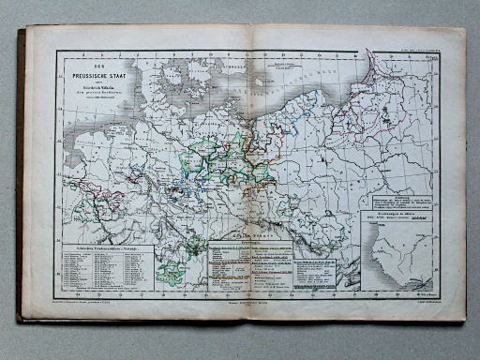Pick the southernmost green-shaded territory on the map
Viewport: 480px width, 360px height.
pos(173,274)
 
